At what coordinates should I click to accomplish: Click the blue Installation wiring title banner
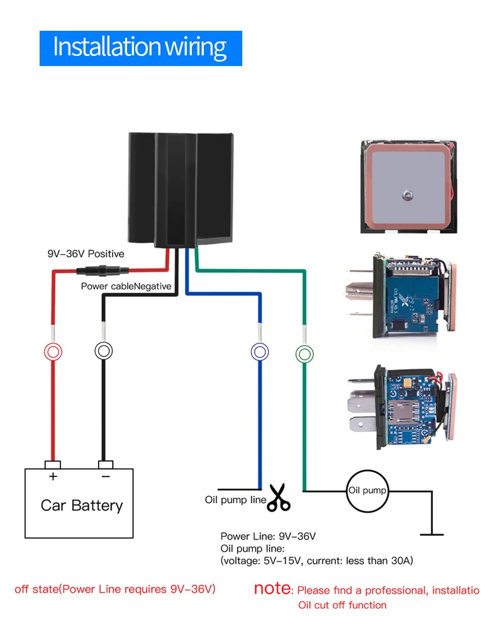click(141, 48)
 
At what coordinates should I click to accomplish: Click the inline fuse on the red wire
click(103, 270)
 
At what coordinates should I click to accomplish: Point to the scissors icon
click(279, 497)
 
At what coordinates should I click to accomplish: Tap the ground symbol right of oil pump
click(432, 535)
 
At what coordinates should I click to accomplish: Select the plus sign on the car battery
click(53, 477)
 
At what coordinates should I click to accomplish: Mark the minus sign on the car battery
click(106, 477)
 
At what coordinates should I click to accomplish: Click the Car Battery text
click(82, 506)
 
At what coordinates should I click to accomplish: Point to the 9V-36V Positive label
click(86, 253)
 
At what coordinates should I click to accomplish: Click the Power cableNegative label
click(126, 286)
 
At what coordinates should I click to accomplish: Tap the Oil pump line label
click(235, 500)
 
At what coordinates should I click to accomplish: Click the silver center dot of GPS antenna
click(408, 196)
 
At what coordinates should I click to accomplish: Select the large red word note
click(272, 589)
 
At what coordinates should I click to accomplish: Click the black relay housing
click(181, 189)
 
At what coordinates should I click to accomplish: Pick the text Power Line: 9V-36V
click(268, 536)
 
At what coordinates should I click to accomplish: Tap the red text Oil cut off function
click(342, 605)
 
